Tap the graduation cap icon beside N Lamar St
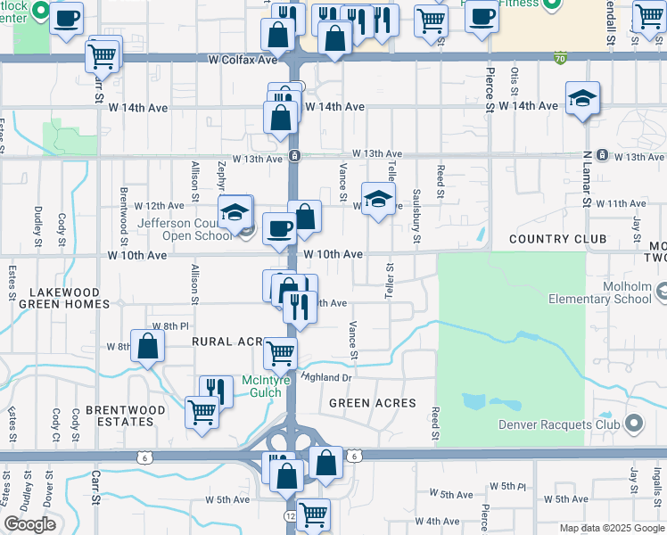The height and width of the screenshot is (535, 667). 582,99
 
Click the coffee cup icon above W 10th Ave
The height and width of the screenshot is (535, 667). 279,229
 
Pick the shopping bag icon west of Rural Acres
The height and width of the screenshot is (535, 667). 147,347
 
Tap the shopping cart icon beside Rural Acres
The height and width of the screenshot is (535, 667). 281,354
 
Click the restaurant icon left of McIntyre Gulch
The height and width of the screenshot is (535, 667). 216,391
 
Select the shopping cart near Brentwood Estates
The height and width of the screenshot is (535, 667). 202,413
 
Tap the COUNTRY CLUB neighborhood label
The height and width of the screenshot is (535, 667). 557,239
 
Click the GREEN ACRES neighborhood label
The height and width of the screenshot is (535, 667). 373,403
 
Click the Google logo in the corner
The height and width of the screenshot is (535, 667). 30,524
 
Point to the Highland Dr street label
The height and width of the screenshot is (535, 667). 327,378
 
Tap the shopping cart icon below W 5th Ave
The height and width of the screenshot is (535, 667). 313,514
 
